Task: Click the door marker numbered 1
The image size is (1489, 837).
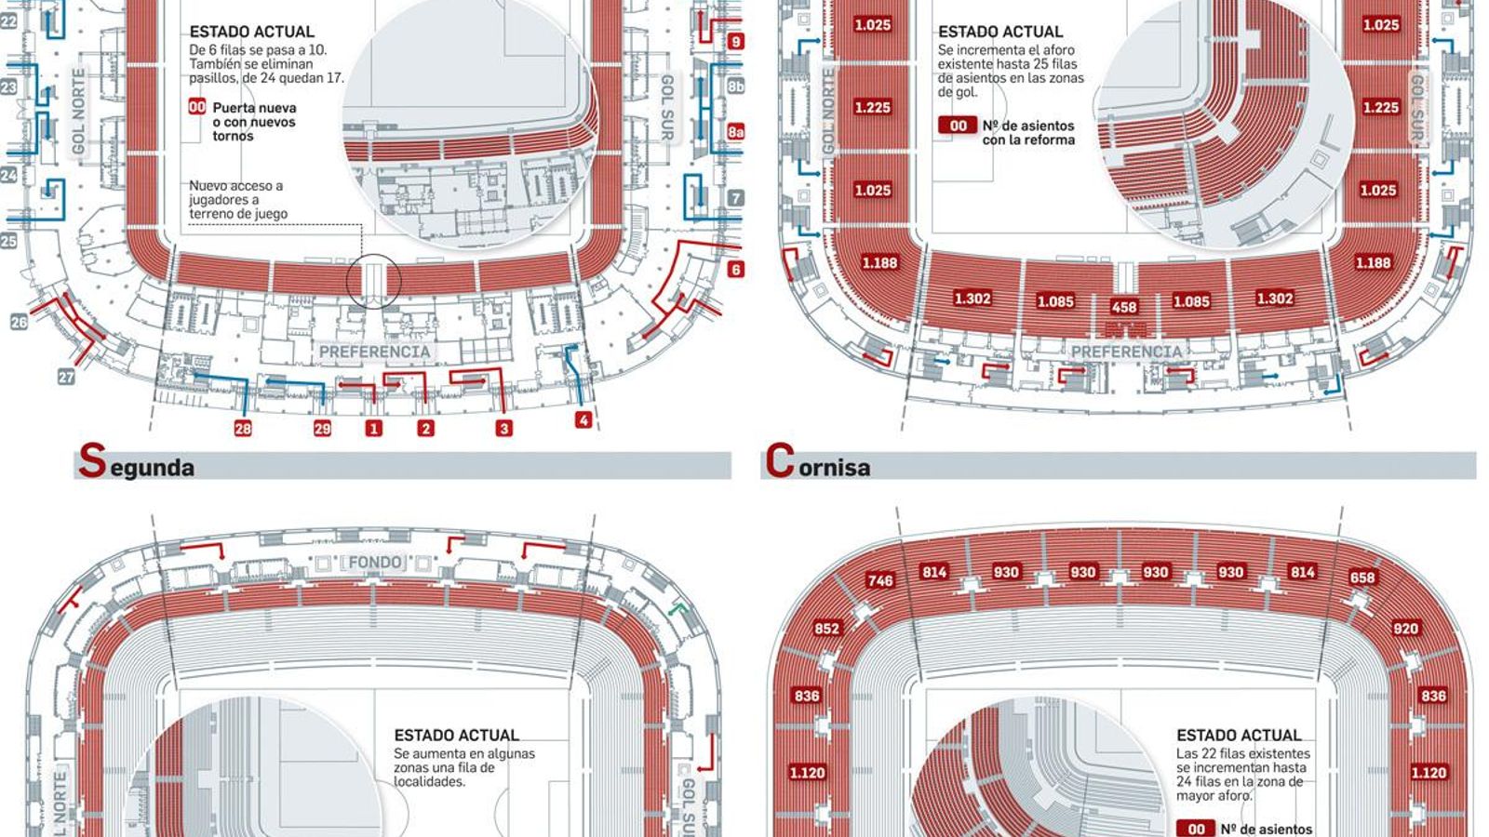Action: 373,429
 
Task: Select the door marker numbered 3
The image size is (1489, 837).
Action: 503,429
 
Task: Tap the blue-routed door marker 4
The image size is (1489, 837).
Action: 583,420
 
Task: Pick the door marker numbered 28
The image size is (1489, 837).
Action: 243,429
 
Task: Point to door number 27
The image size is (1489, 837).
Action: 66,377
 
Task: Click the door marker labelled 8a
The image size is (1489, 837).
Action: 735,132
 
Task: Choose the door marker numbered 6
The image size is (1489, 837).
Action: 736,270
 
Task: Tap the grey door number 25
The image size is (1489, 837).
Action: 8,241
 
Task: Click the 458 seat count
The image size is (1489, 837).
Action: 1124,307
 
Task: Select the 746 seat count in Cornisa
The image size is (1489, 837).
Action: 880,580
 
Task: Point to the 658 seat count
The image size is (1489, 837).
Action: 1362,578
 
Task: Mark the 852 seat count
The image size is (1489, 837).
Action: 826,629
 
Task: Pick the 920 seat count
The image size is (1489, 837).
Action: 1405,629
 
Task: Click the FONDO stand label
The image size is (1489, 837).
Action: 375,563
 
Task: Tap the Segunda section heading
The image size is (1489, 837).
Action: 136,462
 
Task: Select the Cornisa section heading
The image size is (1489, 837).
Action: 818,462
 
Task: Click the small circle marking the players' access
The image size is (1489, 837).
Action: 373,279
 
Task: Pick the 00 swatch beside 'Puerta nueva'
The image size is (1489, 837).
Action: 197,108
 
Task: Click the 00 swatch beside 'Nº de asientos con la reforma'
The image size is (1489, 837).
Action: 958,126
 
